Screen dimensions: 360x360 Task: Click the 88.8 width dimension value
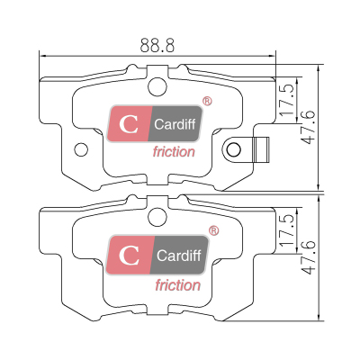pos(157,45)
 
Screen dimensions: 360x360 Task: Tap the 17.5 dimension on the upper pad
pos(287,100)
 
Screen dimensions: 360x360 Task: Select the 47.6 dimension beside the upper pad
pos(309,127)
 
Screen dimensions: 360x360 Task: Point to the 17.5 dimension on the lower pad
pos(287,230)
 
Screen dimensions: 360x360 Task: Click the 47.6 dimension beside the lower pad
pos(309,257)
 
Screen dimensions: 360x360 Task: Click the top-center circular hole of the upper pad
pos(157,86)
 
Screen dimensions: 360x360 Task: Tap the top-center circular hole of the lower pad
pos(157,217)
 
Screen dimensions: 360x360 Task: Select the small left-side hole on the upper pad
pos(81,149)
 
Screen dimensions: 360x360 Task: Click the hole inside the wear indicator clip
pos(233,149)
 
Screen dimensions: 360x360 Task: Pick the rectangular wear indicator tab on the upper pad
pos(261,149)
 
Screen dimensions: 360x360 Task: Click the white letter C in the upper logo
pos(129,124)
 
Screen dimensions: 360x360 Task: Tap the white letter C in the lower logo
pos(129,256)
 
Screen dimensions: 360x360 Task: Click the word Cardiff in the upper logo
pos(175,124)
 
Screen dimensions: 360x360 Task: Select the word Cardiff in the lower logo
pos(178,256)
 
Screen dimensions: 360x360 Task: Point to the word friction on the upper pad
pos(174,152)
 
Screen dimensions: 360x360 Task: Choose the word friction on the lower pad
pos(178,285)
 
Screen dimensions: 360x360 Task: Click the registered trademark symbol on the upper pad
pos(207,101)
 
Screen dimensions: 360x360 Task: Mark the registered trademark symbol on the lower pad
pos(213,230)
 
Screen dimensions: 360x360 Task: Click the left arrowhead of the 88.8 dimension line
pos(42,56)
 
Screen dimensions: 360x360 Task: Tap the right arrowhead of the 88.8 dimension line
pos(273,56)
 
